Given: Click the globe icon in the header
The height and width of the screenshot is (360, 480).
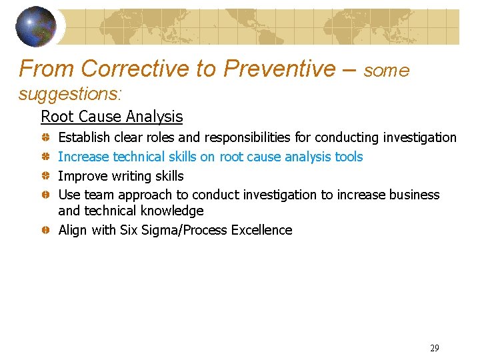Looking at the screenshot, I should click(x=36, y=27).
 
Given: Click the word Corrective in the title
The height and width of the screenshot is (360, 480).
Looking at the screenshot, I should click(x=134, y=69).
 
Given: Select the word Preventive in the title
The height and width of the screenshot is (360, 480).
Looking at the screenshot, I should click(x=280, y=69).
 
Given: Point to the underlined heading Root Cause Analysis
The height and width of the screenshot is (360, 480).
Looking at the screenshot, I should click(x=111, y=117).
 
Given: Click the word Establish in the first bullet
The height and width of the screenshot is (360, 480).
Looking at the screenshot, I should click(x=85, y=138).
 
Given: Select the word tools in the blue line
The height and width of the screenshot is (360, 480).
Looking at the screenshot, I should click(x=348, y=157).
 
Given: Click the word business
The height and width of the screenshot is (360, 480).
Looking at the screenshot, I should click(x=414, y=195).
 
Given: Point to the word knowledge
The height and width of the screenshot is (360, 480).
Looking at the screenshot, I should click(x=173, y=211).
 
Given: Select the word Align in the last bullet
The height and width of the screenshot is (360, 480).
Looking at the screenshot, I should click(x=73, y=231).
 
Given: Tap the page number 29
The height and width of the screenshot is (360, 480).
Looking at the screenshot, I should click(x=435, y=348).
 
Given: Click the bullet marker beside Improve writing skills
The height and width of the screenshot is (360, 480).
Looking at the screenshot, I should click(x=43, y=176).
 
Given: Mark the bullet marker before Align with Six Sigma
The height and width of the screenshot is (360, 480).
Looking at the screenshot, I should click(x=43, y=230).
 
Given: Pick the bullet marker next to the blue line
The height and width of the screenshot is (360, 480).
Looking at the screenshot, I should click(x=43, y=157).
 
